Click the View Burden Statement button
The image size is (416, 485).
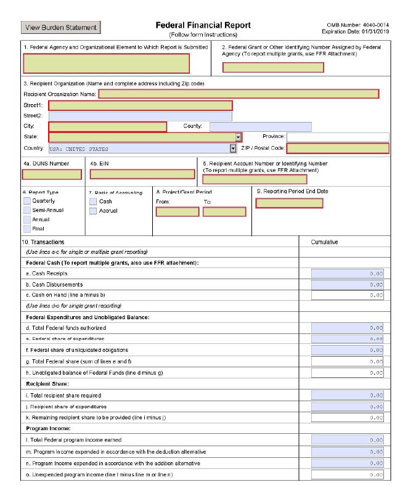click(61, 27)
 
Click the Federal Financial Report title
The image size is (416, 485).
click(203, 25)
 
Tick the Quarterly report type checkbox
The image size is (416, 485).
click(27, 201)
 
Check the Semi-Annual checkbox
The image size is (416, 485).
click(27, 210)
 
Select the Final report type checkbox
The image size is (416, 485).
click(27, 229)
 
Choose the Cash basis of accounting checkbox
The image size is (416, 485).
click(93, 201)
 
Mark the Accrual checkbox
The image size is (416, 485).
click(93, 211)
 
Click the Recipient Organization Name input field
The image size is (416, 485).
click(238, 94)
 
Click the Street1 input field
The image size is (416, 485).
click(140, 105)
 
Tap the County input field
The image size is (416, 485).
click(260, 127)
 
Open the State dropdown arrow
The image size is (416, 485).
click(238, 137)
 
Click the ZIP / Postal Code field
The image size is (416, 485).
click(338, 148)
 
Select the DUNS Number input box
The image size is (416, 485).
click(52, 174)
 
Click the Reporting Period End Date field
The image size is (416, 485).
click(288, 203)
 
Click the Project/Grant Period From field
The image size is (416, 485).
click(177, 212)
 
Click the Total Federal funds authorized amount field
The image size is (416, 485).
click(348, 328)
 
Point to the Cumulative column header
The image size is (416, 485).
click(325, 242)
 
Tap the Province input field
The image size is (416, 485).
click(338, 137)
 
